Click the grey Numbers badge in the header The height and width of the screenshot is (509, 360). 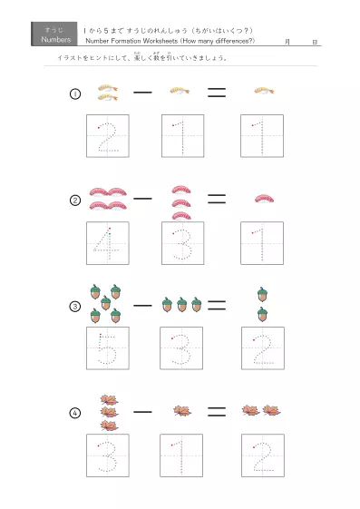click(x=55, y=34)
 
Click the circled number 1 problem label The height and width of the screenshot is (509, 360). click(x=75, y=94)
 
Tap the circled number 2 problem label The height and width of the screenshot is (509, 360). click(x=75, y=201)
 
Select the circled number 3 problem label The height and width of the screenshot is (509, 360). click(x=75, y=307)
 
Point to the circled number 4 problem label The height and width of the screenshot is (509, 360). click(x=75, y=413)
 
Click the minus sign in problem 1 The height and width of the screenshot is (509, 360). click(x=142, y=92)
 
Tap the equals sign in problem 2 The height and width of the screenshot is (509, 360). click(x=216, y=198)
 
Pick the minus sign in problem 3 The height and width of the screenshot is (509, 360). click(x=142, y=305)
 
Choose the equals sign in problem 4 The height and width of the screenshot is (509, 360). click(x=216, y=411)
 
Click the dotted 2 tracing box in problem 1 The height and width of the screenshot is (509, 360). click(x=108, y=136)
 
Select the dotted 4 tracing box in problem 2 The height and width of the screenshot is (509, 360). click(x=108, y=242)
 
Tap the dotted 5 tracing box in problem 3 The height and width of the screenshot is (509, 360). click(x=108, y=348)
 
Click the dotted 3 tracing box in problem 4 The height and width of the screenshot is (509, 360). click(x=108, y=455)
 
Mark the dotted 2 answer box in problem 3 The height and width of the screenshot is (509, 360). click(x=262, y=348)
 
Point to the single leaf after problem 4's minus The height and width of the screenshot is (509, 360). click(x=181, y=411)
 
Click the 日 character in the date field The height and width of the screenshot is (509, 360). click(x=314, y=42)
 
